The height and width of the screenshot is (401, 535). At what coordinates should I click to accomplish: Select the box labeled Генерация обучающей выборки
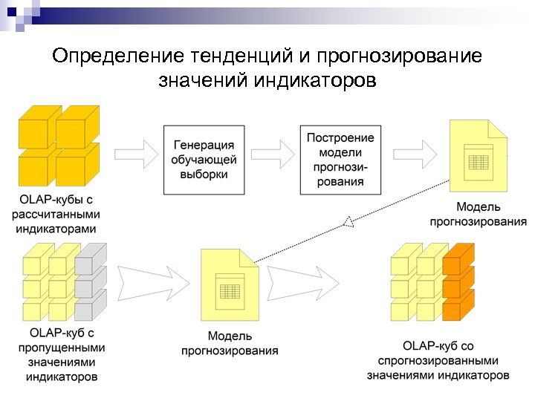tap(200, 160)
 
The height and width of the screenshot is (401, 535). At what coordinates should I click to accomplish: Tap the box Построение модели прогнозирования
tap(340, 160)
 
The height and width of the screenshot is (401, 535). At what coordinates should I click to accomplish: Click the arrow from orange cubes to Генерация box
tap(135, 154)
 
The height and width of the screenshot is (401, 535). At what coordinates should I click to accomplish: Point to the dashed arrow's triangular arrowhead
tap(347, 221)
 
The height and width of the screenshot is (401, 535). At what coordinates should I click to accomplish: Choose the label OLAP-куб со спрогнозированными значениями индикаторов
tap(438, 360)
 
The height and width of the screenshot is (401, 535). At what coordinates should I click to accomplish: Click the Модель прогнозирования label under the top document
tap(478, 213)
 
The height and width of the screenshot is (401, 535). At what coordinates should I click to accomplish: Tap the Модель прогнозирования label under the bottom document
tap(230, 344)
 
